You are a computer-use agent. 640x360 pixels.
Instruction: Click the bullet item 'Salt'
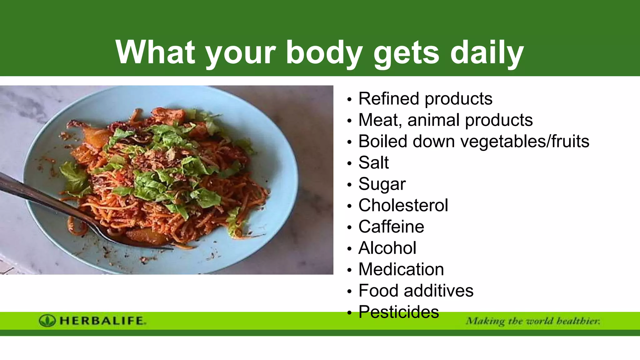[x=373, y=162]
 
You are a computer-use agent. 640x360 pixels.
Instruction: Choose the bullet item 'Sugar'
[x=382, y=184]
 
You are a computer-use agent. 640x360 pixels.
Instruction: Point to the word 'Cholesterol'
[x=403, y=205]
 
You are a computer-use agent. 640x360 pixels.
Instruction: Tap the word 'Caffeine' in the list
[x=391, y=227]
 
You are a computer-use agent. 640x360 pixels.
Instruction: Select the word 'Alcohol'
[x=387, y=248]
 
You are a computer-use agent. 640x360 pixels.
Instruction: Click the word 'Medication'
[x=401, y=269]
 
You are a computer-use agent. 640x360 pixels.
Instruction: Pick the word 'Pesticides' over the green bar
[x=398, y=312]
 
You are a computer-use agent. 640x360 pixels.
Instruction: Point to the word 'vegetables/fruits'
[x=525, y=141]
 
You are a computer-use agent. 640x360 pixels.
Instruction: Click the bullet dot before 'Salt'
[x=349, y=163]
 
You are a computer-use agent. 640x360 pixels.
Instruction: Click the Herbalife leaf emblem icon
[x=47, y=321]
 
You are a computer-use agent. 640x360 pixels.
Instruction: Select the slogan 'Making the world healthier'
[x=533, y=321]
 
